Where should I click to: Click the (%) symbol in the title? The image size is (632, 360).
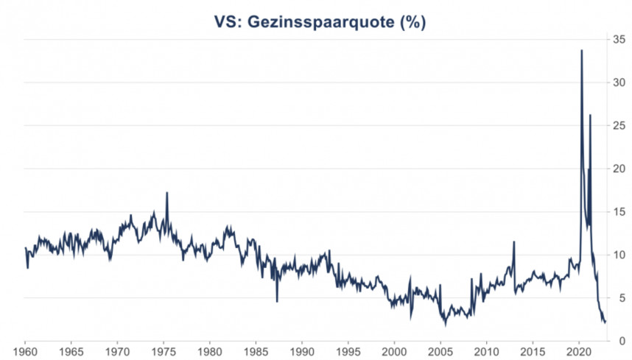tap(412, 22)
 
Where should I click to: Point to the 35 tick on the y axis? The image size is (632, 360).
tap(620, 40)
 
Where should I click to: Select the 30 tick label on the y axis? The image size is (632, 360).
tap(620, 82)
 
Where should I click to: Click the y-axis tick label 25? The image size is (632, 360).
tap(620, 125)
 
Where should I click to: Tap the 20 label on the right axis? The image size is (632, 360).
tap(620, 169)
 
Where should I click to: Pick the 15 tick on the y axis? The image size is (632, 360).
tap(620, 211)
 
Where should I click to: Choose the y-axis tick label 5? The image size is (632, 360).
tap(622, 297)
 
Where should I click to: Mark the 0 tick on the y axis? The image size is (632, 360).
tap(622, 341)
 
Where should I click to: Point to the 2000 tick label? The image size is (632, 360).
tap(394, 350)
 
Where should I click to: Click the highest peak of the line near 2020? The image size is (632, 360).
tap(582, 51)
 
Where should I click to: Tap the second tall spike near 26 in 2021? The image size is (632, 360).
tap(590, 116)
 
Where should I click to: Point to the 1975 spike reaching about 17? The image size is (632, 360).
tap(166, 193)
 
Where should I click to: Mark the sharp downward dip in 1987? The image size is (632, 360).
tap(277, 300)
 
